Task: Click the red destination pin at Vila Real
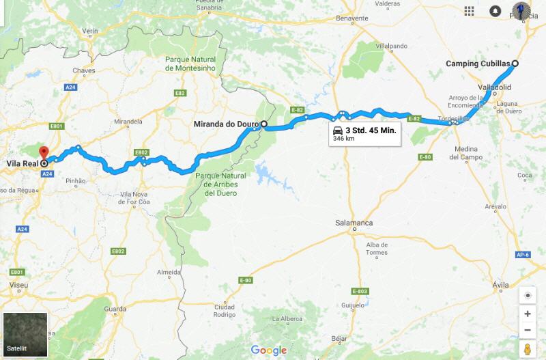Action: tap(44, 152)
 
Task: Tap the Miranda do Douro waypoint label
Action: tap(226, 124)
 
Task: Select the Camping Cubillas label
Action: tap(478, 64)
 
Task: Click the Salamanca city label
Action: tap(354, 223)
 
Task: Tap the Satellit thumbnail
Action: tap(25, 334)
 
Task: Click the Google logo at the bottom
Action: tap(269, 350)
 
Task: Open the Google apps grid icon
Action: tap(470, 11)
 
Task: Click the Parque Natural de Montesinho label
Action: tap(190, 64)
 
